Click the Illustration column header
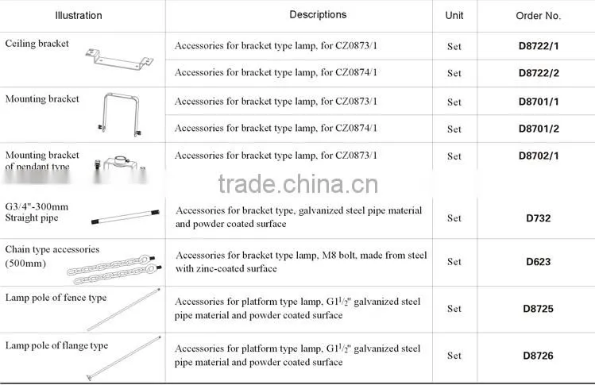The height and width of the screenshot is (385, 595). [x=79, y=16]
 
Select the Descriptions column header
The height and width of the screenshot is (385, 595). [x=318, y=15]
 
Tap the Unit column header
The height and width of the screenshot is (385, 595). [x=454, y=16]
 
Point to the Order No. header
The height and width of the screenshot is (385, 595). [x=538, y=16]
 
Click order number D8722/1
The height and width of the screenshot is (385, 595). [x=539, y=46]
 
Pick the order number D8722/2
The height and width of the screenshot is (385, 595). [x=539, y=73]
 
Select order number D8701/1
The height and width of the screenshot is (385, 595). [x=539, y=102]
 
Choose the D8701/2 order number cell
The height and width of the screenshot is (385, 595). [x=539, y=129]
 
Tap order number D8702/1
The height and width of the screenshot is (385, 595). [x=539, y=156]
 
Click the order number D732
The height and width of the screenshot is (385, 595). [x=538, y=218]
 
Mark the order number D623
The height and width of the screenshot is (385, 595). [x=538, y=262]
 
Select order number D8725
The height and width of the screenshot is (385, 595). [x=538, y=309]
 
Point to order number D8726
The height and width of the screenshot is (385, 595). [x=538, y=356]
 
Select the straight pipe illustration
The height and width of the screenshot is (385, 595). [x=126, y=217]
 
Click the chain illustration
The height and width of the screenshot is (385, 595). [x=114, y=270]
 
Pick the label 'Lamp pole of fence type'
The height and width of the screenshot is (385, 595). [x=56, y=298]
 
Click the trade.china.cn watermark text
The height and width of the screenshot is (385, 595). [x=298, y=184]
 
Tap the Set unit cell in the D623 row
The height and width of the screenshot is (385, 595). [x=454, y=262]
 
